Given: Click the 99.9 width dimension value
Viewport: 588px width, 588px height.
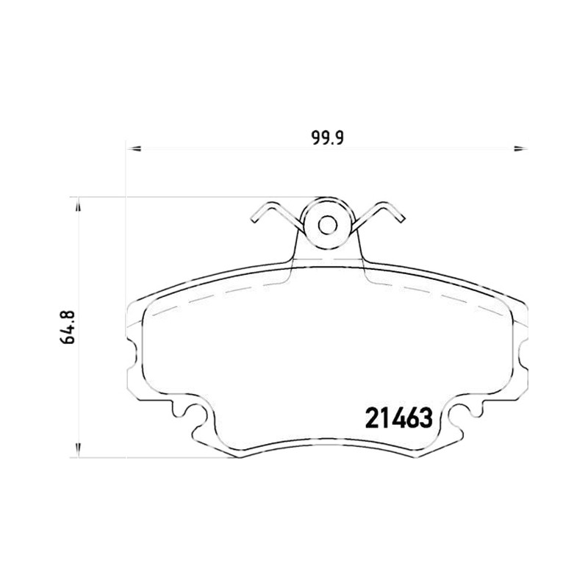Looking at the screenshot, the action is pyautogui.click(x=327, y=138).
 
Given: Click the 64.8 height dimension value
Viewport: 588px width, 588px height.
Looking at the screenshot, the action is pyautogui.click(x=68, y=326).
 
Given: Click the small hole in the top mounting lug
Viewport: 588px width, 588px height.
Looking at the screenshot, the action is pyautogui.click(x=327, y=226).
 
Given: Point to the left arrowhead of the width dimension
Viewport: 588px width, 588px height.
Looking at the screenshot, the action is pyautogui.click(x=134, y=149).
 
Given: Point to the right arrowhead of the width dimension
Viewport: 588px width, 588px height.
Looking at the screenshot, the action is pyautogui.click(x=520, y=149).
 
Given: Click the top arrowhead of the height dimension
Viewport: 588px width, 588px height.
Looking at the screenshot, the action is pyautogui.click(x=78, y=204).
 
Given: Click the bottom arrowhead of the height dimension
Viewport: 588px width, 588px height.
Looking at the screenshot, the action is pyautogui.click(x=78, y=450).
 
